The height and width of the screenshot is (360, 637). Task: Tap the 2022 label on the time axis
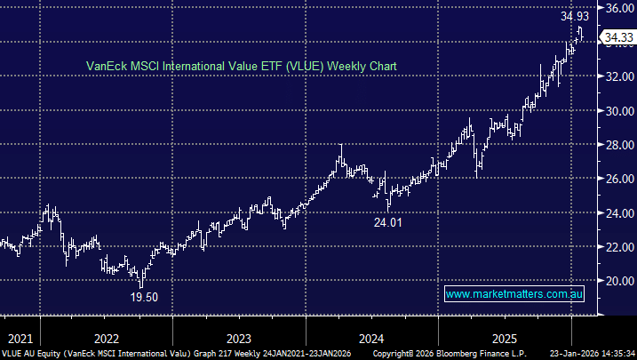tap(106, 339)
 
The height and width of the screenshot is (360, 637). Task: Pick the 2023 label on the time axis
tap(239, 339)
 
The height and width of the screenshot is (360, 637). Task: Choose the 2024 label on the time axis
tap(372, 339)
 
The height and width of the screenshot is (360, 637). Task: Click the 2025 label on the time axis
tap(505, 339)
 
